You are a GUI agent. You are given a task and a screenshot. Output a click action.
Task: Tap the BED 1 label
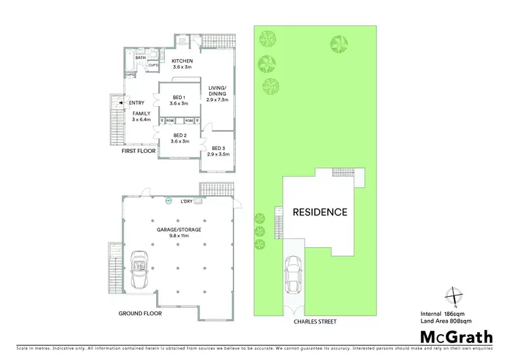[x=179, y=97]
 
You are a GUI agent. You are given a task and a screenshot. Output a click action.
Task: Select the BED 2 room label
[x=179, y=135]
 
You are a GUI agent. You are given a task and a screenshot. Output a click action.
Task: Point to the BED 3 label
[x=218, y=148]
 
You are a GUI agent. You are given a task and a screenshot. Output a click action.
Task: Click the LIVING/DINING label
[x=217, y=87]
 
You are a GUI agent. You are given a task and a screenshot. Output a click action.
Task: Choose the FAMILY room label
[x=141, y=113]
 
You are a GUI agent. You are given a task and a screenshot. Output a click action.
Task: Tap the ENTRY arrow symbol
[x=121, y=103]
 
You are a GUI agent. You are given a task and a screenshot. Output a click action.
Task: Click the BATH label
[x=140, y=58]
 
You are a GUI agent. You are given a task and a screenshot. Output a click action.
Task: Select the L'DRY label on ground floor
[x=187, y=202]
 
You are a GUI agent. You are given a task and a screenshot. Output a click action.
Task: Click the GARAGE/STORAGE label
[x=181, y=230]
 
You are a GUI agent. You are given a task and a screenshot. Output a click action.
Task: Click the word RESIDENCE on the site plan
[x=320, y=212]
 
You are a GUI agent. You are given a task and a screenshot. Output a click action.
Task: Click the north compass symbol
[x=455, y=296]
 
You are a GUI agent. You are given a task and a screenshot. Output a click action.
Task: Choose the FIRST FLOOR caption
[x=138, y=151]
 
